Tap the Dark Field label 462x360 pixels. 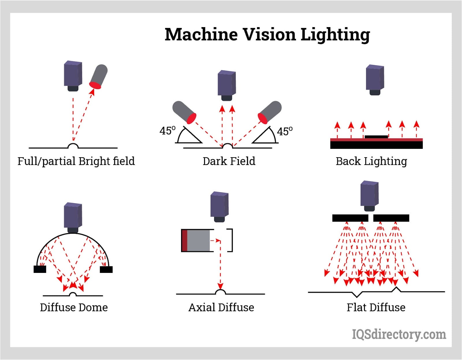coord(229,161)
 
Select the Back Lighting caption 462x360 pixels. coord(371,161)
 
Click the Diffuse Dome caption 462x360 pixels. coord(74,307)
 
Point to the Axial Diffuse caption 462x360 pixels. coord(221,307)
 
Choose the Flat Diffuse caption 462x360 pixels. coord(376,307)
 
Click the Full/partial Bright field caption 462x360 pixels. coord(76,161)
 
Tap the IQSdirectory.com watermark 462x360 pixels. coord(399,334)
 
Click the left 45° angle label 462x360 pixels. coord(167,131)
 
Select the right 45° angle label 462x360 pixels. coord(285,131)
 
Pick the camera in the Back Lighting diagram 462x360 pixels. coord(375,79)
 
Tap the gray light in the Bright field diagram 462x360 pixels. coord(98,76)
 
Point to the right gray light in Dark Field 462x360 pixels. coord(270,112)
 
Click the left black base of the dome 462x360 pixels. coord(40,269)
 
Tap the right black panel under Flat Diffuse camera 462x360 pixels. coord(391,218)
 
